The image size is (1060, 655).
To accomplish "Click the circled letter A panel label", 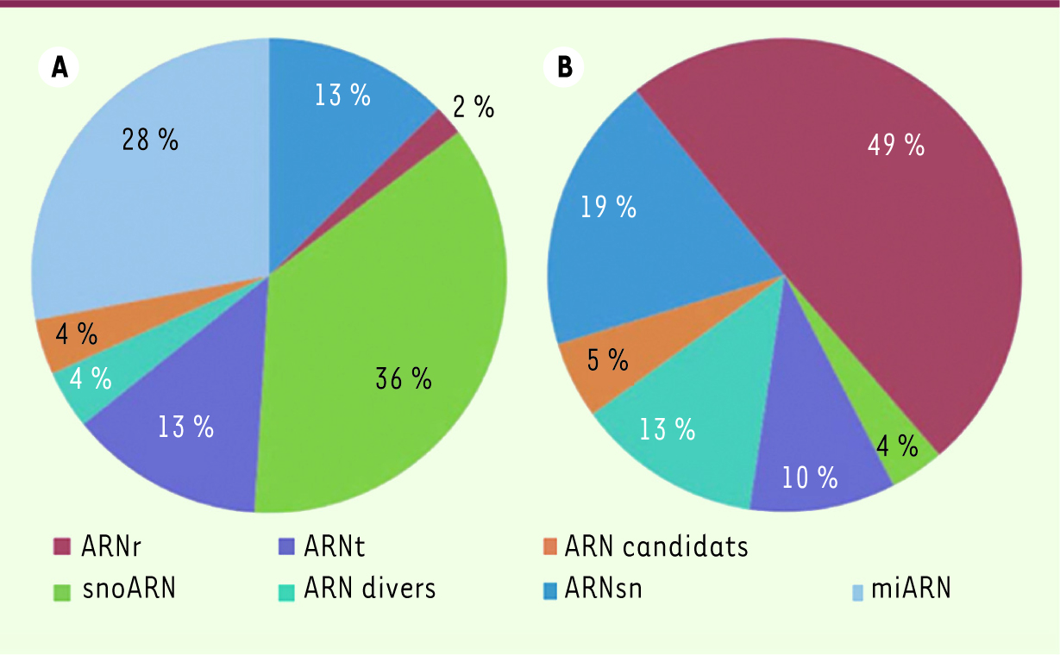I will coord(59,67).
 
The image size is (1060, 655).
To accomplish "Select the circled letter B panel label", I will coord(564,67).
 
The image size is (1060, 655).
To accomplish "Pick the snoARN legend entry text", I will coord(129,589).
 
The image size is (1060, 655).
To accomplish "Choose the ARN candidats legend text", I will coord(656,546).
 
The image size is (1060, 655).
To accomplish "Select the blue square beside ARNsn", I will coord(549,591).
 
